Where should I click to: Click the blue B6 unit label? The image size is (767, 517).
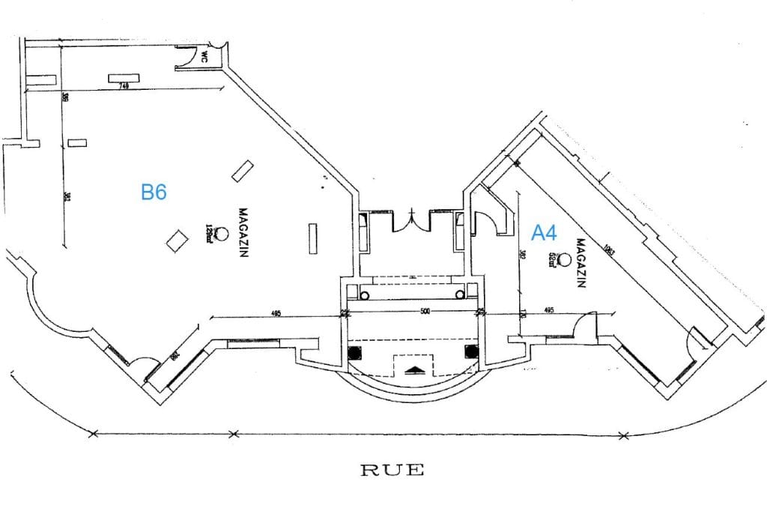coord(154,192)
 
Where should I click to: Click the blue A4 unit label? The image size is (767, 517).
coord(544,233)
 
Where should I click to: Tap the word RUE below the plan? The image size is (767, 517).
coord(392,471)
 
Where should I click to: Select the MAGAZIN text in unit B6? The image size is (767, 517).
coord(242,233)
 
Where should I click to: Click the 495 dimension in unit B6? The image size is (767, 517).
coord(276,313)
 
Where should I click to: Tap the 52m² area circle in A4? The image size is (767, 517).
coord(564,258)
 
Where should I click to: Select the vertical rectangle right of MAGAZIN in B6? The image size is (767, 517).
coord(313,238)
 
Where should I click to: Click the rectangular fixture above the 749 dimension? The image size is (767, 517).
coord(125,78)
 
